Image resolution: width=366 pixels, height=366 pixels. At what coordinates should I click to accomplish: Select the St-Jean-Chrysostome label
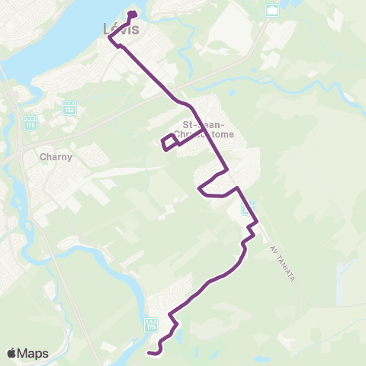[x=205, y=130]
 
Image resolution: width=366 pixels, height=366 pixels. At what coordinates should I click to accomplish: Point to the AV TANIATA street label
[x=281, y=261]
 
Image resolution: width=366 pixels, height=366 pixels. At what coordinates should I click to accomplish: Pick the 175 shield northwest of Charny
[x=30, y=122]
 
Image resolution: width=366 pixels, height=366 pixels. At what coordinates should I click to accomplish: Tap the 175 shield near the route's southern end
[x=151, y=325]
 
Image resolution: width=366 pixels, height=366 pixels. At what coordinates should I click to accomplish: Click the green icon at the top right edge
[x=272, y=10]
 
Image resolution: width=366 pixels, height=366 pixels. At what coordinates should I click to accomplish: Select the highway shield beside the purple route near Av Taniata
[x=248, y=207]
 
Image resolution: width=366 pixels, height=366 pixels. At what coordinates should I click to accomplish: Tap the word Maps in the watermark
[x=34, y=353]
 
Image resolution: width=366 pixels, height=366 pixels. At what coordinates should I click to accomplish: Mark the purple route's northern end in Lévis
[x=132, y=14]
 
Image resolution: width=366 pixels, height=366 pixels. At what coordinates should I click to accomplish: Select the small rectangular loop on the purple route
[x=169, y=142]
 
